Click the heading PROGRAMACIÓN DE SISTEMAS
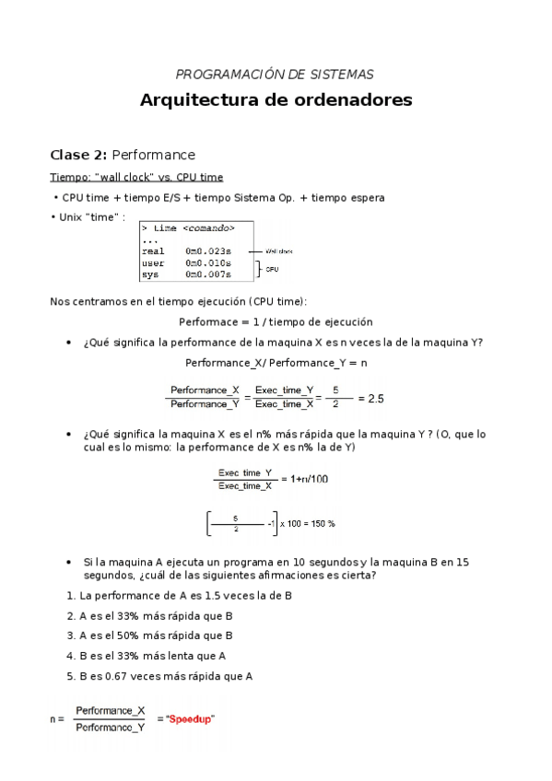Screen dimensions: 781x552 point(275,75)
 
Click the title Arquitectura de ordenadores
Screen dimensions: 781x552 point(276,99)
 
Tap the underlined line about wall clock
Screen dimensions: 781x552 point(135,177)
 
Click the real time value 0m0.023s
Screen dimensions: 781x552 point(208,251)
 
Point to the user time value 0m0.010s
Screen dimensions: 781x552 point(208,262)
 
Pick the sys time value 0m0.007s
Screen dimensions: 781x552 point(208,274)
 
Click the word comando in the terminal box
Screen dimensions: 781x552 point(207,227)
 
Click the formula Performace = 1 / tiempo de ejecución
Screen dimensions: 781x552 point(276,322)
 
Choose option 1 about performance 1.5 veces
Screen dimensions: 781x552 point(180,596)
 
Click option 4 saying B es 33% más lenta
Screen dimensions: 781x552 point(152,656)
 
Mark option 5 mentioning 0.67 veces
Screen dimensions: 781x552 point(160,676)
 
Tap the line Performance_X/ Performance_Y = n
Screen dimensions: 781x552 point(276,363)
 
